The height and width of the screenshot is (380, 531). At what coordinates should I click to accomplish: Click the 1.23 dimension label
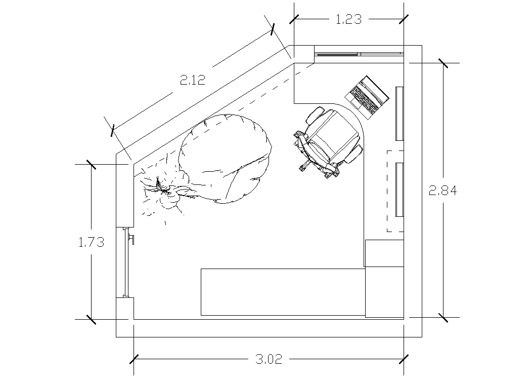[348, 19]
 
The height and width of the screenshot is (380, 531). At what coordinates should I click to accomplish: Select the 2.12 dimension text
[192, 80]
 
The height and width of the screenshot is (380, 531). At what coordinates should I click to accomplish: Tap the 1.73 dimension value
[92, 242]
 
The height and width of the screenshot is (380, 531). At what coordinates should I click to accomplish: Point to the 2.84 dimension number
[443, 191]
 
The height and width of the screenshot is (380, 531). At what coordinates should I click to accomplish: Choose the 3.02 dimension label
[269, 359]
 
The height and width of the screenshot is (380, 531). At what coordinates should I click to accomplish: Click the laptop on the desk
[367, 97]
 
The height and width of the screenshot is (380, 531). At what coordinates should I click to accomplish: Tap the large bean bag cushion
[225, 159]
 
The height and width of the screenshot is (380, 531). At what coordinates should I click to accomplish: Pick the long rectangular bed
[283, 292]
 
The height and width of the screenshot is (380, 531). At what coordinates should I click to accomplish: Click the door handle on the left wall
[131, 239]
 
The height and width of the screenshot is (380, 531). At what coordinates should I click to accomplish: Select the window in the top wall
[359, 54]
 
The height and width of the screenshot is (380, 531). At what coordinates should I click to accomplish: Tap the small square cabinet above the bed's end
[384, 253]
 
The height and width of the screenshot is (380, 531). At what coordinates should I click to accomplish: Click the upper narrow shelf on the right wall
[400, 113]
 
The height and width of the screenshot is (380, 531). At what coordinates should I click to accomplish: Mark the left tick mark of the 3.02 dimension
[134, 359]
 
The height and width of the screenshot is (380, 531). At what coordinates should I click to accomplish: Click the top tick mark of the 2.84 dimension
[443, 63]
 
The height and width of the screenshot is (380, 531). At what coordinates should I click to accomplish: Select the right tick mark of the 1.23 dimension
[404, 19]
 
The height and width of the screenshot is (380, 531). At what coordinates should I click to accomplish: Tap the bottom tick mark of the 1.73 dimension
[91, 319]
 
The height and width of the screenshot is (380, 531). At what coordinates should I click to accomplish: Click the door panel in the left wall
[125, 262]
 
